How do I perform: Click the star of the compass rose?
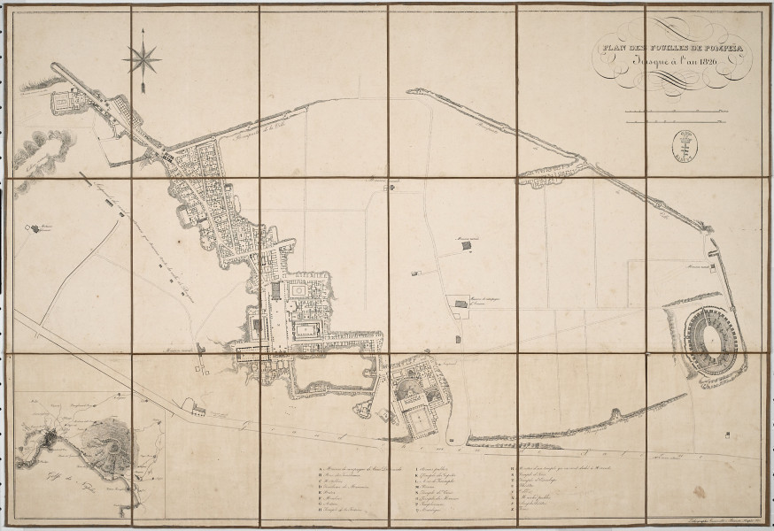coord(142,59)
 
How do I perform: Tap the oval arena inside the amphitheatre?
coord(707,335)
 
